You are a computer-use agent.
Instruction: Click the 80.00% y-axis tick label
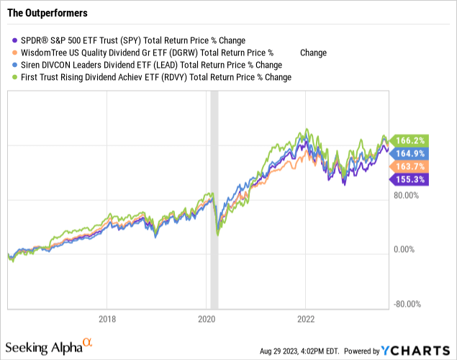[x=412, y=194]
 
